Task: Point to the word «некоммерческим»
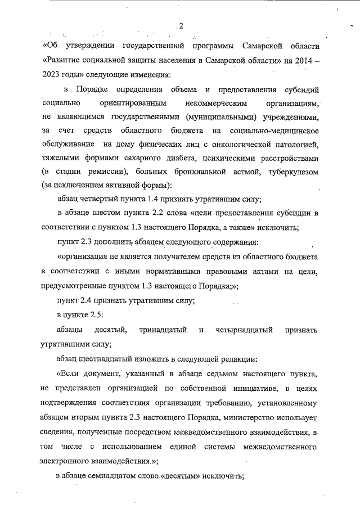[211, 103]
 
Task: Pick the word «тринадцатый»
[163, 329]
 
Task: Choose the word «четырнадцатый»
[245, 329]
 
